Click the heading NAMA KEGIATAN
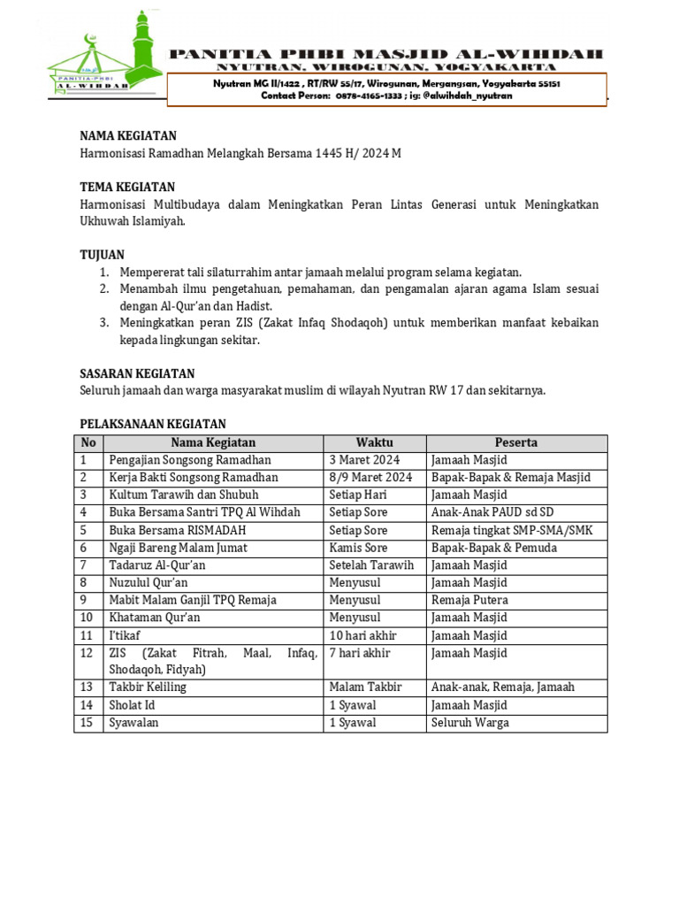(x=128, y=135)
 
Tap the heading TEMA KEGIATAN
(x=127, y=187)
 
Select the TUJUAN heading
(x=102, y=255)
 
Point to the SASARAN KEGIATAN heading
(x=137, y=373)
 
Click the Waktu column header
(x=374, y=442)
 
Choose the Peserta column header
(x=516, y=442)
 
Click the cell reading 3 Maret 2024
(x=364, y=460)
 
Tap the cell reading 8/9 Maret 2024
(x=370, y=478)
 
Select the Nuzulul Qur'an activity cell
(x=149, y=583)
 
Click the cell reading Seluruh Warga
(x=469, y=723)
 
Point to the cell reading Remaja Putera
(x=469, y=600)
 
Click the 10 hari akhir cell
(x=362, y=635)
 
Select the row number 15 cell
(x=87, y=723)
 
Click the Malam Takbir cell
(x=365, y=687)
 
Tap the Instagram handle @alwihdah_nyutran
(x=468, y=96)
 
